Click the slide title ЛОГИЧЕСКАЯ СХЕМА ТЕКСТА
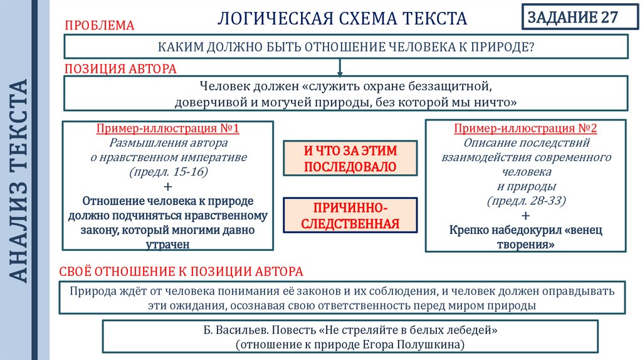pyautogui.click(x=342, y=19)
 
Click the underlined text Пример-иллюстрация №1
pyautogui.click(x=167, y=129)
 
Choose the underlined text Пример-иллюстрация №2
pyautogui.click(x=525, y=129)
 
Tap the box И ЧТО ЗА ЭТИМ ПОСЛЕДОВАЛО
pyautogui.click(x=350, y=158)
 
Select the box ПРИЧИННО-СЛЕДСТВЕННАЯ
pyautogui.click(x=350, y=215)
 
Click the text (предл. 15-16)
pyautogui.click(x=167, y=172)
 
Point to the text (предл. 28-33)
pyautogui.click(x=526, y=201)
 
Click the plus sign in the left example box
pyautogui.click(x=167, y=186)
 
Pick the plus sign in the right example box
pyautogui.click(x=525, y=216)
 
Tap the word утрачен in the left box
pyautogui.click(x=167, y=245)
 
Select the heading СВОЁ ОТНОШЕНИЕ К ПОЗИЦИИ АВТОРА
pyautogui.click(x=182, y=272)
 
